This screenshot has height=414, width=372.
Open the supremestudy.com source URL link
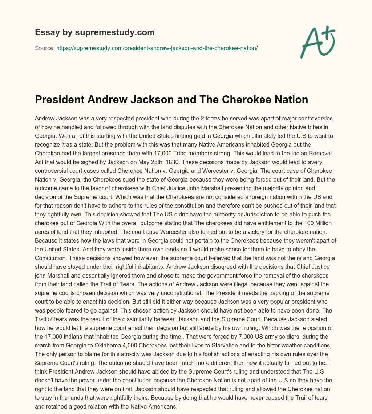point(157,48)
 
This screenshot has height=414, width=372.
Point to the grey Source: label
point(45,48)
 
